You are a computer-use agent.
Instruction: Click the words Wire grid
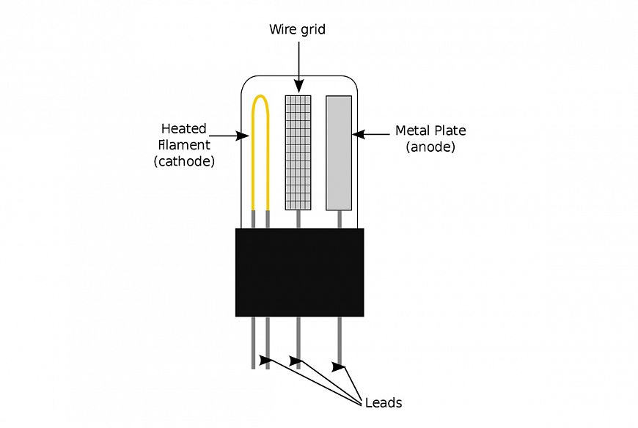(x=297, y=30)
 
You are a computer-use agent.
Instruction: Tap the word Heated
(x=183, y=129)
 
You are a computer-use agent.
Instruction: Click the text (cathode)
(x=184, y=161)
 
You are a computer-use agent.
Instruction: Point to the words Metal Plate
(x=430, y=131)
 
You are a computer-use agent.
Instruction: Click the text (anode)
(x=430, y=147)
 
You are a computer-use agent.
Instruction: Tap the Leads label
(x=383, y=402)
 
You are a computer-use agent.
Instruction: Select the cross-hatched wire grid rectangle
(x=298, y=151)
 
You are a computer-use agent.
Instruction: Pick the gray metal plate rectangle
(x=339, y=151)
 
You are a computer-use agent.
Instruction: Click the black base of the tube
(x=299, y=272)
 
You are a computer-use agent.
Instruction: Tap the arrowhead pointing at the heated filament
(x=244, y=135)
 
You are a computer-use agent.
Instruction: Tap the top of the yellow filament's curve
(x=260, y=97)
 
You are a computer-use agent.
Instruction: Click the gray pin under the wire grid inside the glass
(x=298, y=218)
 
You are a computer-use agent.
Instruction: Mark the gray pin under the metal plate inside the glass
(x=339, y=218)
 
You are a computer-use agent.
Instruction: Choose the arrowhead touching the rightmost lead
(x=338, y=366)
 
